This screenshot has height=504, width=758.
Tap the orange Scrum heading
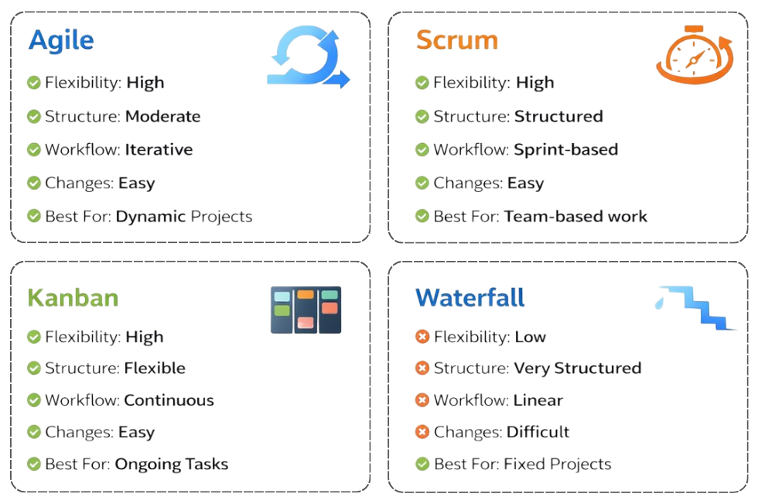456,40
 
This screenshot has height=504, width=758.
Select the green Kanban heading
73,298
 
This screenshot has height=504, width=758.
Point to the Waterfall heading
469,298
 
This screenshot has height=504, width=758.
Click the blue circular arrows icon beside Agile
307,57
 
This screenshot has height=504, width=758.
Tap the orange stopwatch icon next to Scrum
691,56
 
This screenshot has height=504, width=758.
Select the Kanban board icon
306,310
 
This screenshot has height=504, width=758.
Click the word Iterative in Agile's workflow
159,150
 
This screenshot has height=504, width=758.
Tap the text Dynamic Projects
184,217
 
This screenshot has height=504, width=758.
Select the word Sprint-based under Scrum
566,150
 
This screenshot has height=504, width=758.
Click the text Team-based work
575,217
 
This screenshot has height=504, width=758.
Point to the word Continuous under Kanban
169,401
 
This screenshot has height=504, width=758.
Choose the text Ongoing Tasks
172,465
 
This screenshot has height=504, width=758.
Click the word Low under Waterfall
530,338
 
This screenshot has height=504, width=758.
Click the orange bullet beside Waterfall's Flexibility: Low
422,338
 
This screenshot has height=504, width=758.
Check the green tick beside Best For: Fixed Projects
422,465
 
